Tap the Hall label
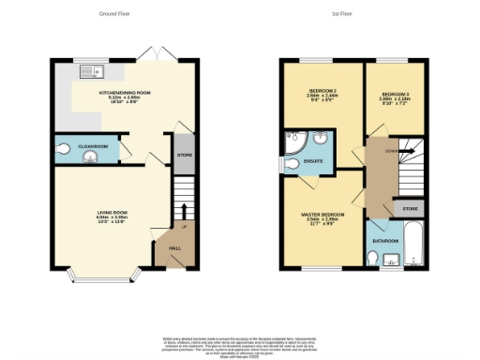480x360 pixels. click(174, 247)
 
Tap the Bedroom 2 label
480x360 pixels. click(313, 92)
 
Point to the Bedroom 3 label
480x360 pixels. click(393, 92)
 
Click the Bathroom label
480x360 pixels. click(385, 241)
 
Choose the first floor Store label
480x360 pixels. click(409, 207)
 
